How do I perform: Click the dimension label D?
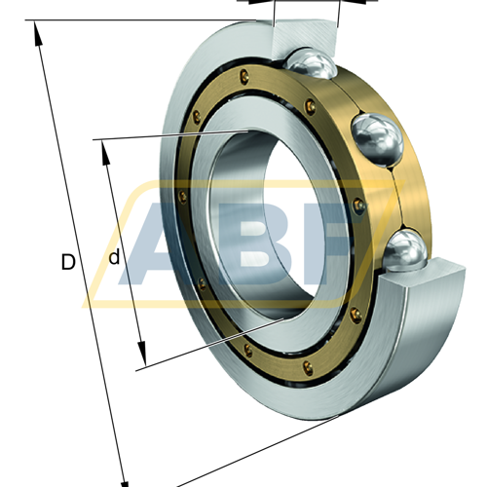pyautogui.click(x=68, y=262)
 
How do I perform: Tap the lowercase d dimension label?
pyautogui.click(x=114, y=257)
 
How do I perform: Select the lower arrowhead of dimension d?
pyautogui.click(x=142, y=353)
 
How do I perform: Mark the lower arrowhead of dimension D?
pyautogui.click(x=125, y=480)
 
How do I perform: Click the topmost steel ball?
pyautogui.click(x=311, y=63)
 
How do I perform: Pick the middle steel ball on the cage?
pyautogui.click(x=377, y=139)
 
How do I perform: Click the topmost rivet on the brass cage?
pyautogui.click(x=245, y=76)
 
